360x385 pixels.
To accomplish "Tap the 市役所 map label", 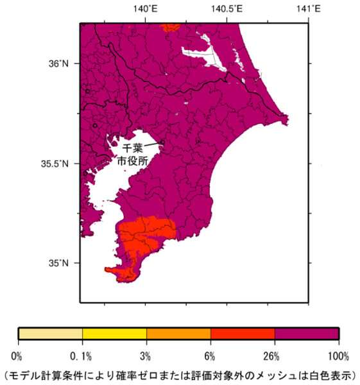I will [133, 162].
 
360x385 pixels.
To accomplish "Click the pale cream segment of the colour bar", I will [50, 334].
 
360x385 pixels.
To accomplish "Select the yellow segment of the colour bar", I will [114, 334].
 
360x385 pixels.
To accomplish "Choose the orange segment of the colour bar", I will [178, 334].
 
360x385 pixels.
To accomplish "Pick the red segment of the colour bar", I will [243, 334].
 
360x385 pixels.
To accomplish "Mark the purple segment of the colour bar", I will [307, 334].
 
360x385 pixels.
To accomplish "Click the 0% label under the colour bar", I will [17, 356].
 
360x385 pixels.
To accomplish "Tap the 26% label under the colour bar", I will [275, 356].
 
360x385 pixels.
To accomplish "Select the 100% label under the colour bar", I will [338, 356].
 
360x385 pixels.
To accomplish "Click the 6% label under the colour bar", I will [210, 356].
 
